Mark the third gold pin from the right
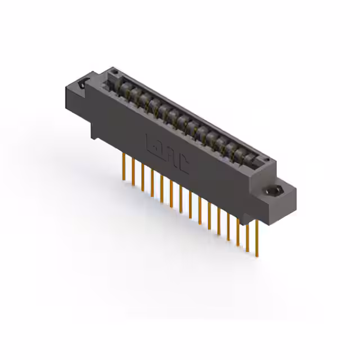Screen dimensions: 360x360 tap(238, 228)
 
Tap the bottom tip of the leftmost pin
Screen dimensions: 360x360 tap(123, 179)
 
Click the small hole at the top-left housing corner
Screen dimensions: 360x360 tap(114, 72)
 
